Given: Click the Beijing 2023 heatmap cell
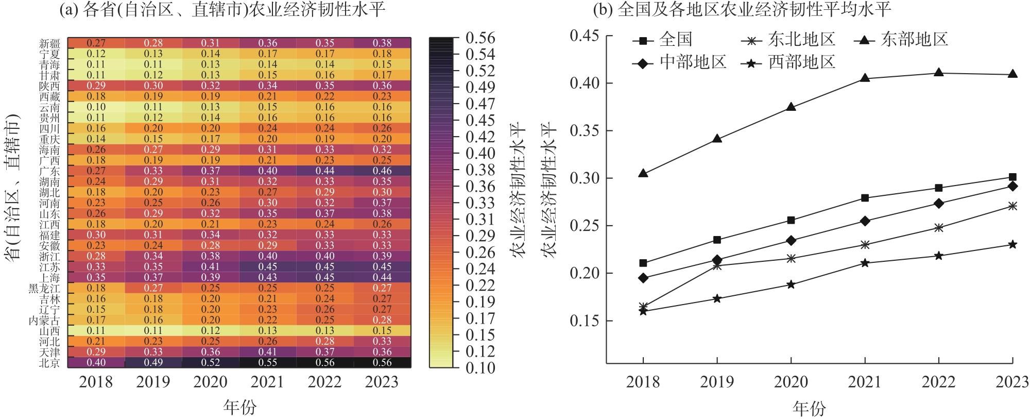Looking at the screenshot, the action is pos(382,362).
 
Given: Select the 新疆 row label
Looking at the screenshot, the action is pos(50,43).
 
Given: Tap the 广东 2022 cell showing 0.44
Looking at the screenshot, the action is pos(325,171).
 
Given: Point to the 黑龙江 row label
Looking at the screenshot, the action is pos(45,288).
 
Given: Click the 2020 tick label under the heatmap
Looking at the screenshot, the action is pos(211,382).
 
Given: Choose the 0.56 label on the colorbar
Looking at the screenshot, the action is pos(480,38).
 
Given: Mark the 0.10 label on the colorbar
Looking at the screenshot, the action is pos(480,368).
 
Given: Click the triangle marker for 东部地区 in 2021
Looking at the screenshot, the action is pos(865,78).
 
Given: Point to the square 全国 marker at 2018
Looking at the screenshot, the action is pos(643,263).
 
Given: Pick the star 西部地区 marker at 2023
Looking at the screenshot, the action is pos(1012,244).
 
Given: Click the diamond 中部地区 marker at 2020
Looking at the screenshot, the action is pos(791,240).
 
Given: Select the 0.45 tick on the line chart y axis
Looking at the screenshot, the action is pos(585,36).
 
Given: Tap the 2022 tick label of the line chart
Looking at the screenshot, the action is pos(939,382).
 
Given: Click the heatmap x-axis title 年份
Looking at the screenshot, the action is pos(239,408).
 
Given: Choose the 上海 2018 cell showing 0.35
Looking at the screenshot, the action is pos(96,277).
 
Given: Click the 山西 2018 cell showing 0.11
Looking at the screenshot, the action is pos(96,330).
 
